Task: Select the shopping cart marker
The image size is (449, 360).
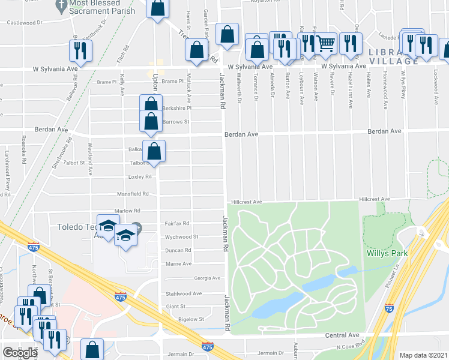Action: (325, 44)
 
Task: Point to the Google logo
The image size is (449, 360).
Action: (20, 352)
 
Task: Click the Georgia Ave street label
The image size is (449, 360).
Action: (206, 278)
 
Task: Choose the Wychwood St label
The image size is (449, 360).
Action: (178, 237)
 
